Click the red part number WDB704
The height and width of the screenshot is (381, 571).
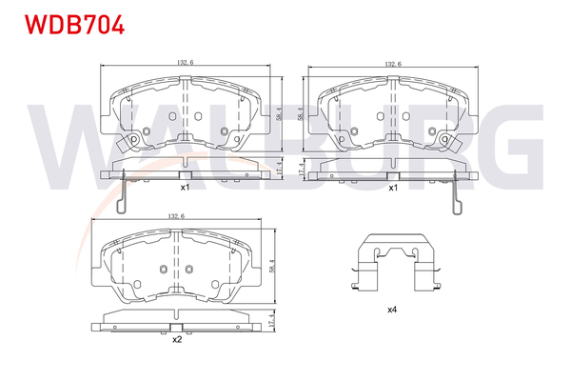[x=74, y=25]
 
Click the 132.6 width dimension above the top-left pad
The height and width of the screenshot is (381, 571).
[x=186, y=62]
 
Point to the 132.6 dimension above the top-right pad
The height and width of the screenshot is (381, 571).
[x=393, y=64]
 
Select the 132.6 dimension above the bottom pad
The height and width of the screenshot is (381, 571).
[x=176, y=216]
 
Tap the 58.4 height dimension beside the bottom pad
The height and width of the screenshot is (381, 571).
[x=271, y=266]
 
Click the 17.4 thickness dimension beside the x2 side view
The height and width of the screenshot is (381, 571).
[x=270, y=321]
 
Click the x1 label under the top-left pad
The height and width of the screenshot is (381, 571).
[x=186, y=188]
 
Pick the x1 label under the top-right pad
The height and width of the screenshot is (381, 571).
[x=393, y=188]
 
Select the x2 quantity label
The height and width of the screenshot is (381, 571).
[x=177, y=340]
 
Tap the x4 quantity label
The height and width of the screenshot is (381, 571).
[x=392, y=310]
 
